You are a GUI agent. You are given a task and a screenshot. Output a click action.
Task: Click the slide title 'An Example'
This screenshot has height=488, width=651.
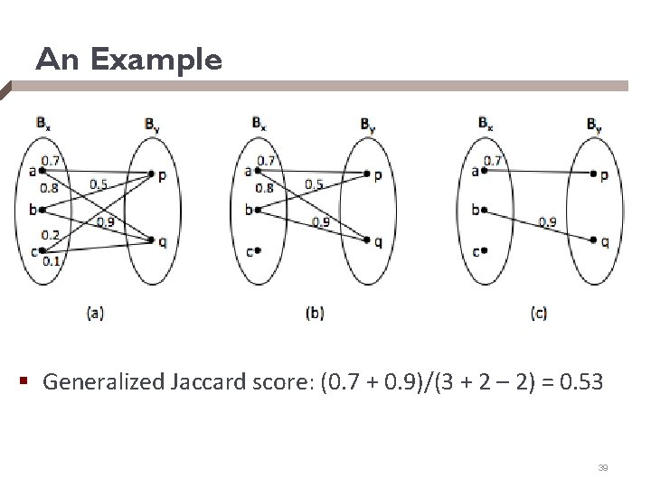(x=127, y=61)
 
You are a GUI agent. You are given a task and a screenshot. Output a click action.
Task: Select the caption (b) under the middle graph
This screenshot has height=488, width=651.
(x=316, y=314)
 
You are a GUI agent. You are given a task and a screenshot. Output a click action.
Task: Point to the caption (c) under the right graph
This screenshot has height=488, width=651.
(x=539, y=314)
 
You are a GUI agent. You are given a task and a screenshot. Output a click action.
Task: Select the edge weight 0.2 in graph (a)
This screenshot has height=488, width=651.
(x=50, y=236)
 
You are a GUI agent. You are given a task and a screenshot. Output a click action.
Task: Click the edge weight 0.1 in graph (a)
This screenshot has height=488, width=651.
(x=50, y=262)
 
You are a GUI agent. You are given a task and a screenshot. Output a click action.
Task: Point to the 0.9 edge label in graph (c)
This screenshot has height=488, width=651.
(x=547, y=221)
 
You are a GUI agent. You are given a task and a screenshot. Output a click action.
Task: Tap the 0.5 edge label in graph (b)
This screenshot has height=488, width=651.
(x=313, y=185)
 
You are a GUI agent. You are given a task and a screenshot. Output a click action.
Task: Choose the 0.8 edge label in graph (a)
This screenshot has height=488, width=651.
(x=50, y=189)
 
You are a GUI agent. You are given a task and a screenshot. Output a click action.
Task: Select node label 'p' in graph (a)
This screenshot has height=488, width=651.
(x=161, y=176)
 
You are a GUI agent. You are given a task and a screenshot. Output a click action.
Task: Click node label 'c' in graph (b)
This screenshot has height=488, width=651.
(x=250, y=252)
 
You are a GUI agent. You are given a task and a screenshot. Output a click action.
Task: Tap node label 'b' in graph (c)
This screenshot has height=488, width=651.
(x=476, y=211)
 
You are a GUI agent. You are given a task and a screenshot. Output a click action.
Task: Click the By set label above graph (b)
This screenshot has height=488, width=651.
(x=368, y=124)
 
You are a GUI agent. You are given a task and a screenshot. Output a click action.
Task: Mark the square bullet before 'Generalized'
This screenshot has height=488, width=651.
(x=29, y=383)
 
